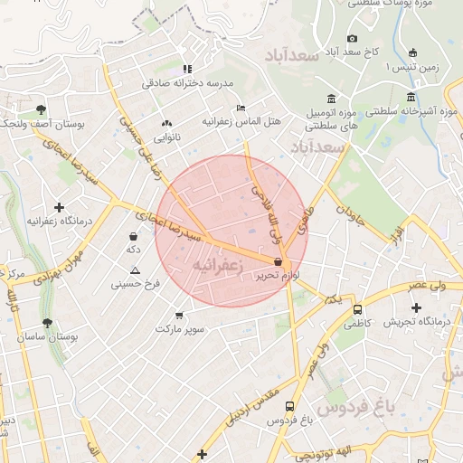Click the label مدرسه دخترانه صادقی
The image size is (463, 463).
(x=187, y=83)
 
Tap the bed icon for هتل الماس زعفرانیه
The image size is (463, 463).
(x=240, y=106)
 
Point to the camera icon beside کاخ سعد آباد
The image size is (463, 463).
(x=352, y=38)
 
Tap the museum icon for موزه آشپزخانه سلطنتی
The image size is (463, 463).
(x=411, y=97)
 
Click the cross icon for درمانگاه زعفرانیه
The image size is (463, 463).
(x=60, y=207)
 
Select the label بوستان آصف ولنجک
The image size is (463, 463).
(x=44, y=124)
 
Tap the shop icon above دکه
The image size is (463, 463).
(x=134, y=237)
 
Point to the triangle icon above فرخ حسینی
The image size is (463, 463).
(x=135, y=271)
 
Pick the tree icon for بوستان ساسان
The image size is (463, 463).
(x=46, y=323)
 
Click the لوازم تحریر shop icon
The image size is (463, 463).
(x=289, y=261)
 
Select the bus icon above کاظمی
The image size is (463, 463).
(x=356, y=308)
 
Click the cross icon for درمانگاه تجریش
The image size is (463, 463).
(x=415, y=308)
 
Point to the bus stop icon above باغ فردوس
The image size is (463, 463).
(x=289, y=407)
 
